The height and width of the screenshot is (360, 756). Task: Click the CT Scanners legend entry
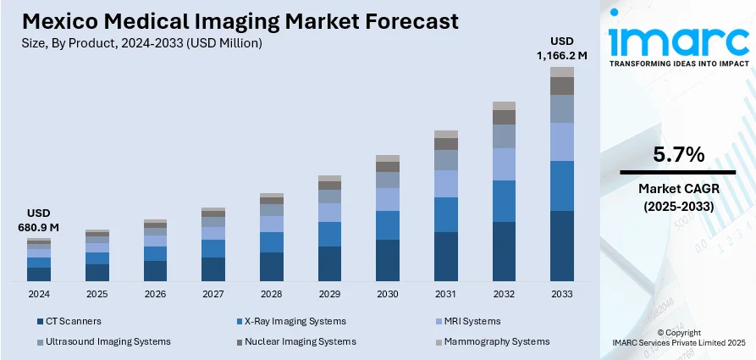click(x=72, y=321)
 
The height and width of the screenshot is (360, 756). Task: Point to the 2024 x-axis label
click(x=39, y=294)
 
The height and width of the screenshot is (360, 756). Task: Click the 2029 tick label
click(x=329, y=294)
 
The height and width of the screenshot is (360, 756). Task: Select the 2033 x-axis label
click(x=561, y=294)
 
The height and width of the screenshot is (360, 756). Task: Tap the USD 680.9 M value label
click(x=39, y=220)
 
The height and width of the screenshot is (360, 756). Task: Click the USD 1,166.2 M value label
click(x=562, y=48)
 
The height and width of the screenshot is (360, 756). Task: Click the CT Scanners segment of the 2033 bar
click(x=561, y=246)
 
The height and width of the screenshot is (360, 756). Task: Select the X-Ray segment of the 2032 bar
click(x=504, y=201)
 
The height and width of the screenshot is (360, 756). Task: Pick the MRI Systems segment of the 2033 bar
click(x=561, y=141)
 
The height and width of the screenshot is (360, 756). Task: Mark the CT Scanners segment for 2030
click(x=388, y=260)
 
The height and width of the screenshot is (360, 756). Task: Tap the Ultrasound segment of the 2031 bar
click(x=445, y=160)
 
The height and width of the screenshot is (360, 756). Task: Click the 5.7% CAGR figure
click(x=678, y=155)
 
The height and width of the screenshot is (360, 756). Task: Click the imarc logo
click(x=678, y=41)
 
